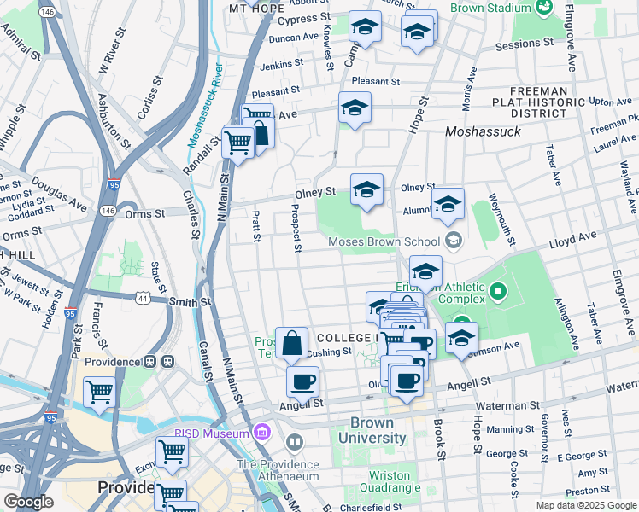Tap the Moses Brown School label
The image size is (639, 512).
point(385,241)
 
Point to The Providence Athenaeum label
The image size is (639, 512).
point(278,470)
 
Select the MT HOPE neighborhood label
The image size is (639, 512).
point(256,8)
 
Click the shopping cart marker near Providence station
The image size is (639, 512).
point(100,393)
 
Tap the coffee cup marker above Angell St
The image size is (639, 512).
point(302,381)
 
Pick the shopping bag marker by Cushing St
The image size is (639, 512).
point(291,343)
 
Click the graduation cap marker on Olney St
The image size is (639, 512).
point(366,189)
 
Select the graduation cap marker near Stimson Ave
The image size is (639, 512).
point(461,337)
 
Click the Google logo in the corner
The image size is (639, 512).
point(28,502)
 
